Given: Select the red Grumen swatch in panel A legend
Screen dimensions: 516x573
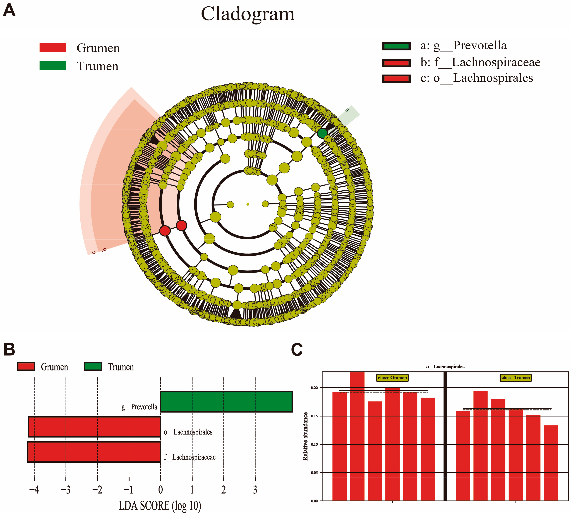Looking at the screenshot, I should click(x=53, y=48).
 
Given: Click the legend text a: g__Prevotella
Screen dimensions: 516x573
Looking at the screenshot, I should click(x=463, y=46).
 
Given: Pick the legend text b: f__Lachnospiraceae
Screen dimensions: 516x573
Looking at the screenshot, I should click(x=480, y=62).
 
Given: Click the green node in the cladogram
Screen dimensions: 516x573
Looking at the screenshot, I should click(x=322, y=133).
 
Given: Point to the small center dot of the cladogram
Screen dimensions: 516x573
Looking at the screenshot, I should click(x=248, y=204).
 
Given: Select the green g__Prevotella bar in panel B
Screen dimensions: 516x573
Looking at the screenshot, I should click(x=226, y=401).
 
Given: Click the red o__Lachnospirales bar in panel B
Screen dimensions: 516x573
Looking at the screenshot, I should click(x=94, y=427).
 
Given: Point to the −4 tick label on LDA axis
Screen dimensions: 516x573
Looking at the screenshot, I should click(x=34, y=490).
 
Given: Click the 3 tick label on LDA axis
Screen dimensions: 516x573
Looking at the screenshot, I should click(x=255, y=490).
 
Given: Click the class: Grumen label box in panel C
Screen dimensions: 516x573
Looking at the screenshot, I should click(x=392, y=378).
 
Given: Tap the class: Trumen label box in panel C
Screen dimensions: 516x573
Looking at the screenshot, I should click(x=515, y=378).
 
